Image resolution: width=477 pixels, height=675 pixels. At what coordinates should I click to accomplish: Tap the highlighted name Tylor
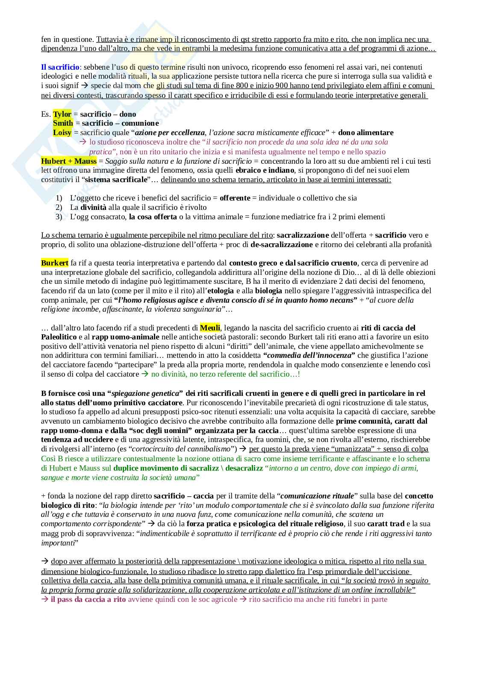tap(62, 114)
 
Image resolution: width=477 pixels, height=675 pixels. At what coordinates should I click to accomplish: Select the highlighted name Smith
tap(63, 123)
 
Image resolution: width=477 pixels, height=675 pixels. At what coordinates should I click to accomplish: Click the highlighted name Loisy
tap(62, 133)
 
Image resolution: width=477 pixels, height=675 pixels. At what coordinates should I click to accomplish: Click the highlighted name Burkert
tap(54, 263)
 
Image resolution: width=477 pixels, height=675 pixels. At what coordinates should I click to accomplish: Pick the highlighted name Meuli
tap(210, 328)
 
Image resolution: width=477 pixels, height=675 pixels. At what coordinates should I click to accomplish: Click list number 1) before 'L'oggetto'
tap(59, 198)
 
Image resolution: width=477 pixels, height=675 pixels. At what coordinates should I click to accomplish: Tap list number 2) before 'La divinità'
tap(59, 207)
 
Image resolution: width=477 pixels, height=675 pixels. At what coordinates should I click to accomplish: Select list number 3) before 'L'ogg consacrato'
tap(59, 217)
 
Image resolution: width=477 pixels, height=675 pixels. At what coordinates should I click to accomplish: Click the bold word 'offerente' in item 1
tap(235, 198)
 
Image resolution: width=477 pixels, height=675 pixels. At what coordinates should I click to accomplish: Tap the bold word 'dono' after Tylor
tap(128, 114)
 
